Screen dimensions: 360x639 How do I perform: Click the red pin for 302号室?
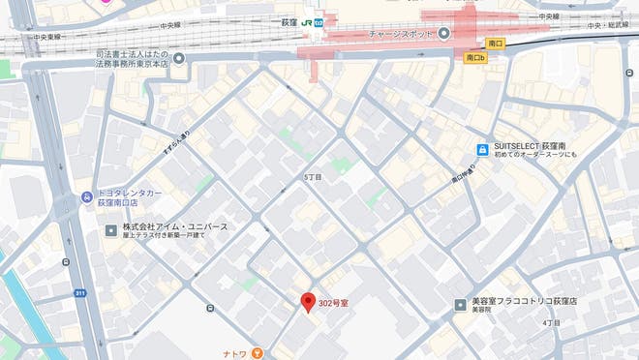point(309,302)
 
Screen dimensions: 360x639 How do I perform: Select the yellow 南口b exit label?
point(474,58)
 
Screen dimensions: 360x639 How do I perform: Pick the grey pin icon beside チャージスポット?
point(444,34)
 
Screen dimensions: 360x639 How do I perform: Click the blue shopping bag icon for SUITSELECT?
point(481,149)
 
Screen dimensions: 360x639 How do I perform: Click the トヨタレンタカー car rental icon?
point(87,196)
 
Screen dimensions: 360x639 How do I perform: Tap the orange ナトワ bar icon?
point(257,352)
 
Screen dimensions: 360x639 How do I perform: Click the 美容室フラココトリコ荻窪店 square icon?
point(461,305)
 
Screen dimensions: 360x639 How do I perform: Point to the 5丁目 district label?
point(313,178)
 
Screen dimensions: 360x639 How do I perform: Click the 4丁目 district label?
point(552,322)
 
